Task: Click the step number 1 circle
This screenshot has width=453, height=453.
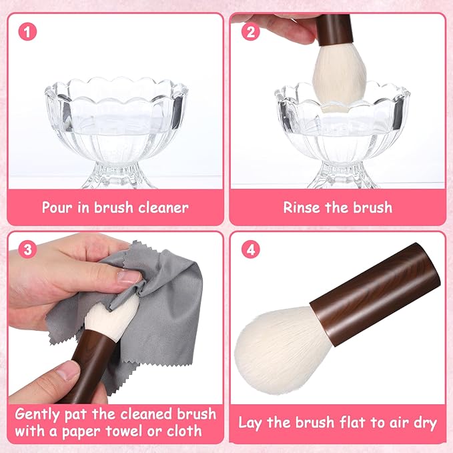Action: click(x=27, y=31)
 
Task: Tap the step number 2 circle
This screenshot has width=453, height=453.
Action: click(x=250, y=31)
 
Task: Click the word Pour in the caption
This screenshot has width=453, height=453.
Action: click(x=57, y=207)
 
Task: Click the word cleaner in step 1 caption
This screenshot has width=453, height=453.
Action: click(x=161, y=207)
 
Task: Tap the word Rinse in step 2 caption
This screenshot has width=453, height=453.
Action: click(x=302, y=207)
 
